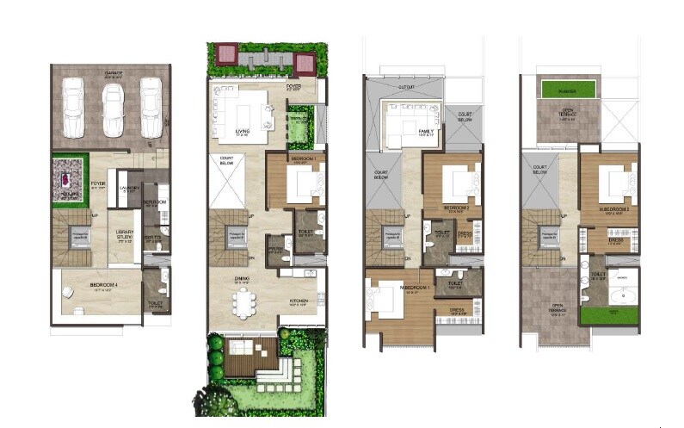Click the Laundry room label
[129, 187]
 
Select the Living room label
[243, 132]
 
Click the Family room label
[424, 131]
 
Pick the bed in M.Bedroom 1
[379, 301]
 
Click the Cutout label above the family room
[405, 85]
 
